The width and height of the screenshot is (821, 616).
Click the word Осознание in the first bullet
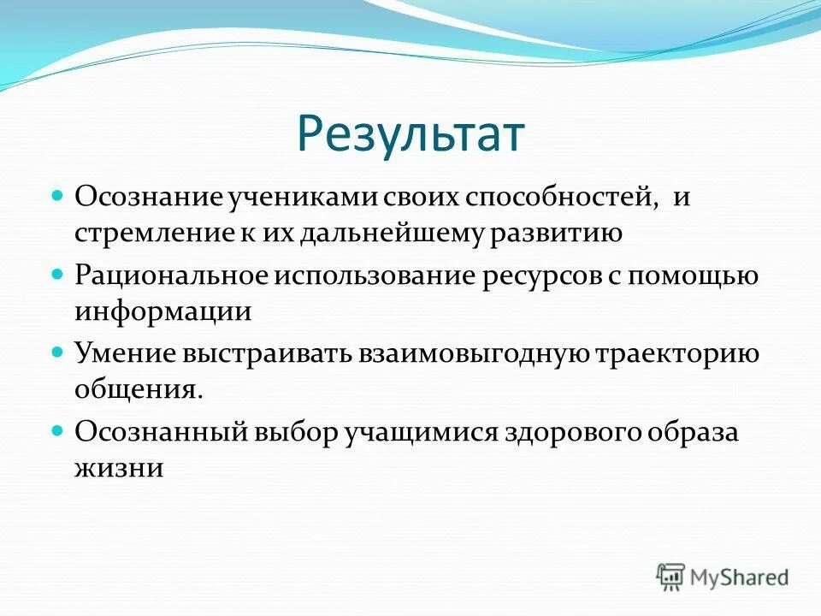pyautogui.click(x=147, y=197)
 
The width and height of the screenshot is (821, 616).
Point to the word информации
pyautogui.click(x=162, y=311)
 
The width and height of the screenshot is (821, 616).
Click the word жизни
pyautogui.click(x=118, y=467)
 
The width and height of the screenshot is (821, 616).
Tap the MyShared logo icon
pyautogui.click(x=671, y=575)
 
